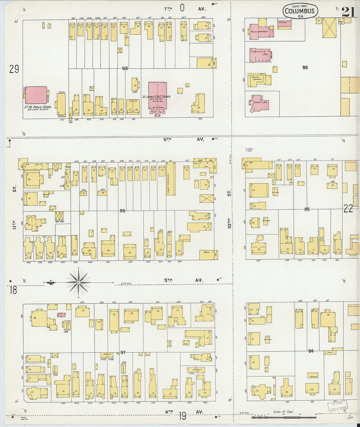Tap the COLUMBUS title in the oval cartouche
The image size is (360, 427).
click(299, 11)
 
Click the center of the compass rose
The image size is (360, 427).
click(79, 282)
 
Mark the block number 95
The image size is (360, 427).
click(125, 68)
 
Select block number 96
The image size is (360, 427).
click(122, 211)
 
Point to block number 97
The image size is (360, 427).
click(123, 352)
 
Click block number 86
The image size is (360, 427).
click(305, 67)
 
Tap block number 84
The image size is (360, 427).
click(311, 351)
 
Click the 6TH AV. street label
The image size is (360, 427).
click(184, 139)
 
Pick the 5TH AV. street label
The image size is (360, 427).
click(183, 280)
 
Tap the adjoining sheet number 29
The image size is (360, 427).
click(14, 69)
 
